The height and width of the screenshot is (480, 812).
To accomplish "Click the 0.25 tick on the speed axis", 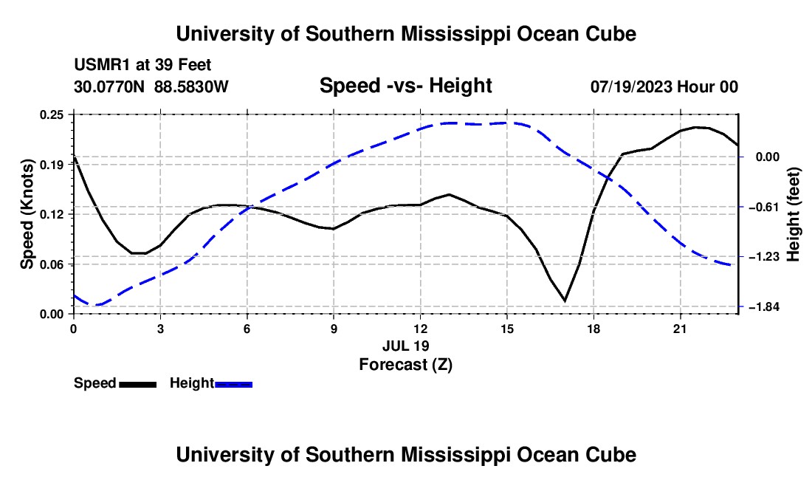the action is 52,114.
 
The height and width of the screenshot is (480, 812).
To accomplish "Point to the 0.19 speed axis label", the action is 52,165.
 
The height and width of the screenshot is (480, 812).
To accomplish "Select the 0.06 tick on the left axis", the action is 52,264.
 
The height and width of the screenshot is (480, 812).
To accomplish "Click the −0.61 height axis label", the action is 763,207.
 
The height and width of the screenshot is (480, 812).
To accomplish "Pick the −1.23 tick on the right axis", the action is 763,257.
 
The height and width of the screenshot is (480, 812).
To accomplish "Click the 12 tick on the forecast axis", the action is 421,329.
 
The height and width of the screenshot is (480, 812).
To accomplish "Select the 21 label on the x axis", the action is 680,329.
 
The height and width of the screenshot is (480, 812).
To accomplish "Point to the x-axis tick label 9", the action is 334,329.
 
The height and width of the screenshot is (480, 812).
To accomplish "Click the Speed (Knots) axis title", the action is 27,214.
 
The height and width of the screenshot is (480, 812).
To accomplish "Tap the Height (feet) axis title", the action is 794,214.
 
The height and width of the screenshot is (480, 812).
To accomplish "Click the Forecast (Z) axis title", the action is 406,365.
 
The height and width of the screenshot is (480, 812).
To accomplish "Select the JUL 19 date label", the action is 406,346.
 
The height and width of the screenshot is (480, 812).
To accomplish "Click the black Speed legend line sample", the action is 138,384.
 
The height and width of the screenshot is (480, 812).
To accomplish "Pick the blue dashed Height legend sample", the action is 233,384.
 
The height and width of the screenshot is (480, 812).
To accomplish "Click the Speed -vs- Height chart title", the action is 406,86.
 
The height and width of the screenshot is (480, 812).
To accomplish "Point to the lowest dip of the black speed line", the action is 565,301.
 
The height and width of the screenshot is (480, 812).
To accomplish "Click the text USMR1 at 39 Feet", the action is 142,65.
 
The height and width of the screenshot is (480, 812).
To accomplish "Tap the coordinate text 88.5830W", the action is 191,86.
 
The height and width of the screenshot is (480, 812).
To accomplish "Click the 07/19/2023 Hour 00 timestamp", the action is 664,86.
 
